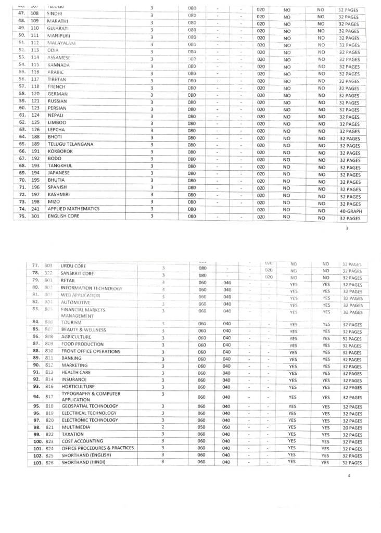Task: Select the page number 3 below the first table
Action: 347,227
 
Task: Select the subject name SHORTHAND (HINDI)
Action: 83,462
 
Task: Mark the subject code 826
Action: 50,462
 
